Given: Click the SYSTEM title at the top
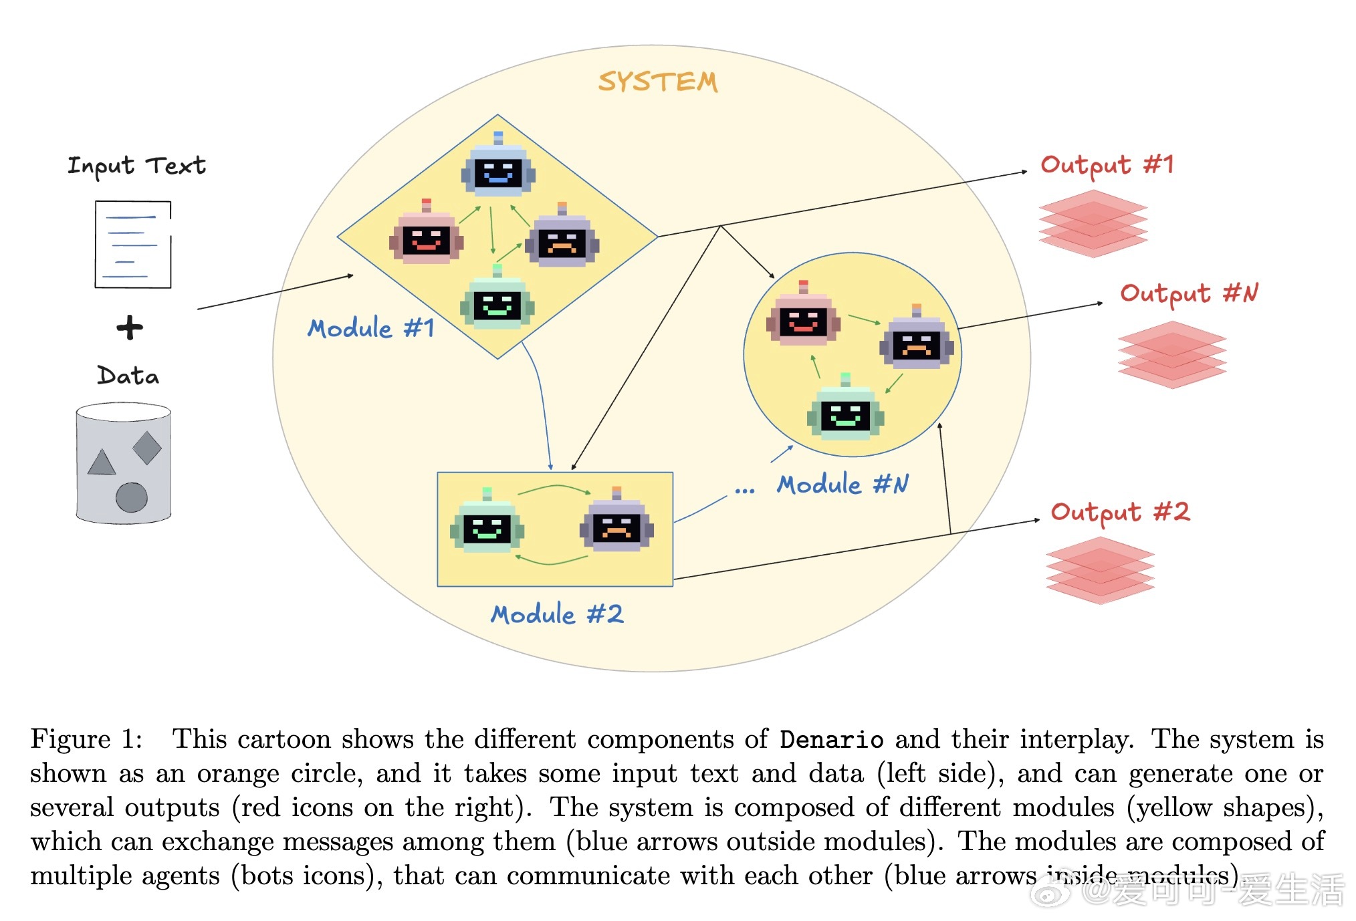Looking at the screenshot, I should click(x=658, y=82).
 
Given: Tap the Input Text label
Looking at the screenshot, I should click(x=136, y=166).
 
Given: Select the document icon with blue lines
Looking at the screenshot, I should click(x=132, y=245).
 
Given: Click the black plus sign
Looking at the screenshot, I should click(x=130, y=327).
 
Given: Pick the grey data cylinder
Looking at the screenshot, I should click(x=124, y=463).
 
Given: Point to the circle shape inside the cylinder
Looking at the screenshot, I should click(x=131, y=497).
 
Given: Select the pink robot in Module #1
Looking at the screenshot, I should click(x=427, y=237).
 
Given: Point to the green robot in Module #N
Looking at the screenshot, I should click(x=846, y=412).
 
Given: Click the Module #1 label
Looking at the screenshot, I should click(x=371, y=328).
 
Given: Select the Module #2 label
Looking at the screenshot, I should click(x=557, y=614).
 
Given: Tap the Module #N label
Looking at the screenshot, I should click(x=842, y=485).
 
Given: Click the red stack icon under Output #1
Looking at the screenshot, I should click(x=1093, y=223).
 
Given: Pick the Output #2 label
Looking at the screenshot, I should click(x=1120, y=512).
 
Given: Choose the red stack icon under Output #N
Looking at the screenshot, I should click(x=1171, y=354).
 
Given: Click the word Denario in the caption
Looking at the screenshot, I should click(x=831, y=740).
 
